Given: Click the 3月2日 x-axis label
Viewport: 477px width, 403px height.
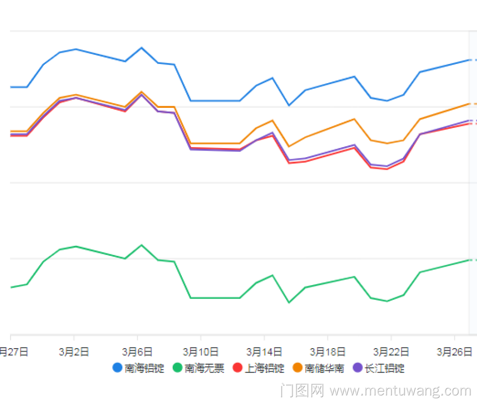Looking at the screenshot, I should [x=74, y=352].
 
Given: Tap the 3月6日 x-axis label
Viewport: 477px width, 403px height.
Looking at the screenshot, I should [x=138, y=352].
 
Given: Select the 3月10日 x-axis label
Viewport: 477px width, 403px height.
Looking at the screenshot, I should [x=200, y=352].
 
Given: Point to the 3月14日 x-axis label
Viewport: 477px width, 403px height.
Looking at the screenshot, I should [x=264, y=352].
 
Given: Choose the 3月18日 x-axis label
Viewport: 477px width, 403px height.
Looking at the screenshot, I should [x=327, y=352].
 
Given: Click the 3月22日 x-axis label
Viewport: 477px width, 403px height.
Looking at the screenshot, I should [x=391, y=352].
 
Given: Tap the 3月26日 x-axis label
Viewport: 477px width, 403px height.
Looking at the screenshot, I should [x=454, y=352].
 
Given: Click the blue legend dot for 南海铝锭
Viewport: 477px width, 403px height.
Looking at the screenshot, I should [x=117, y=368].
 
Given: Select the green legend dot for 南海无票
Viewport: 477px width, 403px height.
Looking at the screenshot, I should [x=177, y=368].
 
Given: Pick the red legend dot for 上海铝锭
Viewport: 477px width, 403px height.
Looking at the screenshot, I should [x=238, y=368].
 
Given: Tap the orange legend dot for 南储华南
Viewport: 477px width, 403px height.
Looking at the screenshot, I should [x=298, y=368].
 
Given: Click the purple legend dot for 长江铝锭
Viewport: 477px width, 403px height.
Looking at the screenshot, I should [x=358, y=368].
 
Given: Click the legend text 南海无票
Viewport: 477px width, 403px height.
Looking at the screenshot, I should [x=204, y=368].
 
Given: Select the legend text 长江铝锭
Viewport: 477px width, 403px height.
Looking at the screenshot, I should [x=384, y=368].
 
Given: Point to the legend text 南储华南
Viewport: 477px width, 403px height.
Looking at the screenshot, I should [x=324, y=368].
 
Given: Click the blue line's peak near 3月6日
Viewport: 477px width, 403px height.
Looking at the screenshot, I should [x=142, y=47].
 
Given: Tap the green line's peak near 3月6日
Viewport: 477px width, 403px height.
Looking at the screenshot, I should [x=142, y=245].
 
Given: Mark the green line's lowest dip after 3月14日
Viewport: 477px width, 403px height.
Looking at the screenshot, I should [x=289, y=303].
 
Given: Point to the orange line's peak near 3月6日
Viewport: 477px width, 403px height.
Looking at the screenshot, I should [x=142, y=92].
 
